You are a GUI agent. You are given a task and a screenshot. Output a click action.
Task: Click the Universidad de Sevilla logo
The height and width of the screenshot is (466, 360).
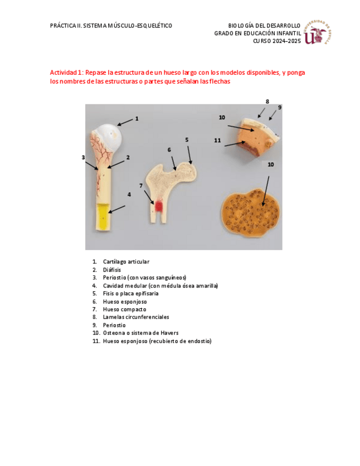319,33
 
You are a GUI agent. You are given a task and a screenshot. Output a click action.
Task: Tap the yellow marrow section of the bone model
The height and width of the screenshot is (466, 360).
103,218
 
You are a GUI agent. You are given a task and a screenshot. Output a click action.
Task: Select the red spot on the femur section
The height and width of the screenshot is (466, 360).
159,206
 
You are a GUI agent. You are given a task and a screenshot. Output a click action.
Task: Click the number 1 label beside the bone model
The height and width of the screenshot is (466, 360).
137,118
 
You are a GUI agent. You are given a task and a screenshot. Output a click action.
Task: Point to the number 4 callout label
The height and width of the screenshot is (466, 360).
129,194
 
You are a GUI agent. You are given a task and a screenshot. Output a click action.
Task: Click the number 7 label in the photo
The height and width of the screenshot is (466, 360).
141,186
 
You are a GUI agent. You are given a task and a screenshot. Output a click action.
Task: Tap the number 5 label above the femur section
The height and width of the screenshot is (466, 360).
187,140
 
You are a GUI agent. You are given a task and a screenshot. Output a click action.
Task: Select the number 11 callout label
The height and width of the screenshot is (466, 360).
218,141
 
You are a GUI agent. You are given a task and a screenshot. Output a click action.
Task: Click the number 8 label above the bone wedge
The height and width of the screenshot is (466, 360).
267,101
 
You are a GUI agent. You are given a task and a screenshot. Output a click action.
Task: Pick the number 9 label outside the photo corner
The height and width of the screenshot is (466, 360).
280,107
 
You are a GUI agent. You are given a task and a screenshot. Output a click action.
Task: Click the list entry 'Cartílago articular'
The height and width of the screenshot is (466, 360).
126,262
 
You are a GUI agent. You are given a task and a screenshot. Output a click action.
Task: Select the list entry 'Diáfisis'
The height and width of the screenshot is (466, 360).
112,270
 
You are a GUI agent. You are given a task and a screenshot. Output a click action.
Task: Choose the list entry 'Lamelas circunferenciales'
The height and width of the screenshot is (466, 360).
136,317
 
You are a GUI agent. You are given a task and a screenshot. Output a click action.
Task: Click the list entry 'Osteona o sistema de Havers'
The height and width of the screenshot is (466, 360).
140,333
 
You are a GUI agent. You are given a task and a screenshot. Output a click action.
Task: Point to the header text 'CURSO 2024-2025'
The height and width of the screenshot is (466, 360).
277,41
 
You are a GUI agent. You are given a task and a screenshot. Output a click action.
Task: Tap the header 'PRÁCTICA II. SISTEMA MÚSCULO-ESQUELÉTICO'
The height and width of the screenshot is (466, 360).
111,26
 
